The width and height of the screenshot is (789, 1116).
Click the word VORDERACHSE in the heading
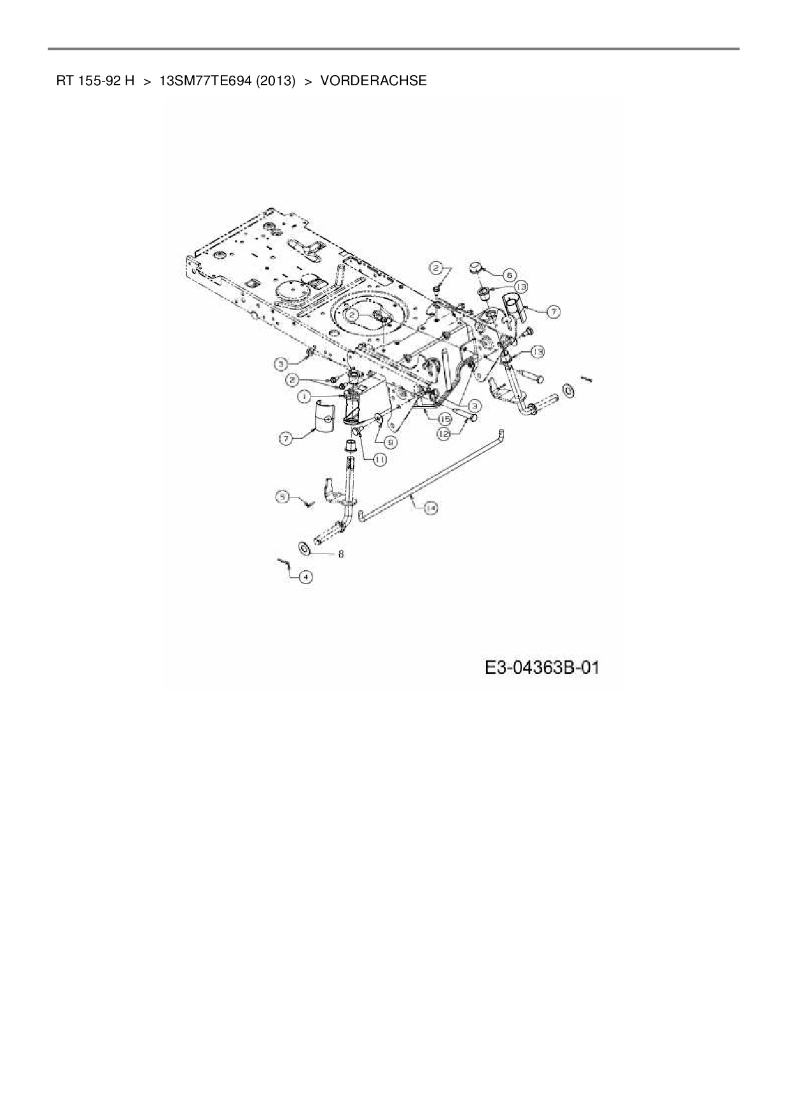(x=374, y=81)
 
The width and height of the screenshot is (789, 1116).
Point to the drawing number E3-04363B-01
(x=541, y=667)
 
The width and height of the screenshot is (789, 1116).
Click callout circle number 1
(x=305, y=396)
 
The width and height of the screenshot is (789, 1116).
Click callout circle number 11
(x=380, y=458)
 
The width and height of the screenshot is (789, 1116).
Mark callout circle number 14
(x=431, y=507)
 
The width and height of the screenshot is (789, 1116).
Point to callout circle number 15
(x=443, y=419)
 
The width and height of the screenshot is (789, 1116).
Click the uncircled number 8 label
(x=341, y=554)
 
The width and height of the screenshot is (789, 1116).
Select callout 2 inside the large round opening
(x=352, y=314)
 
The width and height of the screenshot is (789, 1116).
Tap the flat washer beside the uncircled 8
(x=303, y=547)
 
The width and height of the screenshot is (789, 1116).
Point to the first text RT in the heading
(x=63, y=81)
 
